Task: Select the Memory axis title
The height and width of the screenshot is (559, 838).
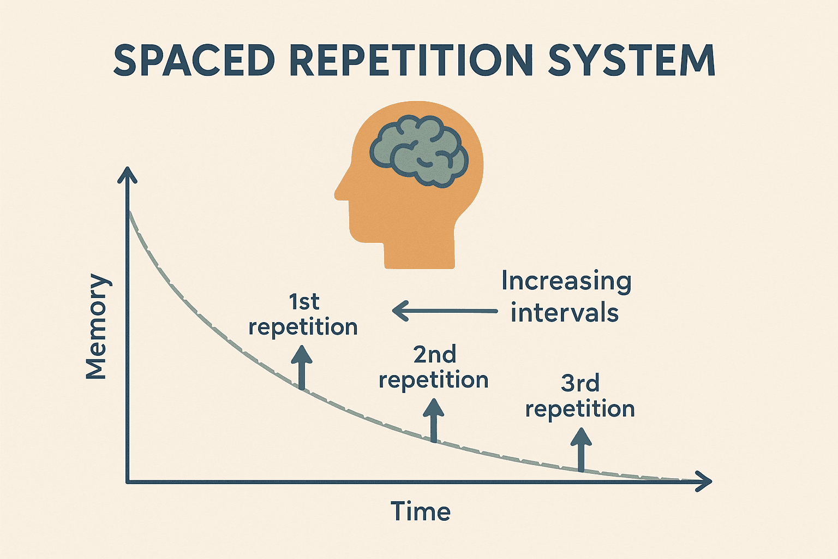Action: point(97,326)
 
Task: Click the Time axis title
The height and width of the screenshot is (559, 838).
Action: point(421,512)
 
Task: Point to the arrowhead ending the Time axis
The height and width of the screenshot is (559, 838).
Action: point(705,481)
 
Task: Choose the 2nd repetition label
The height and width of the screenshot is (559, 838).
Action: point(434,367)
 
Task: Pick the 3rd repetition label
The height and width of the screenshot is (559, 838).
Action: point(580,396)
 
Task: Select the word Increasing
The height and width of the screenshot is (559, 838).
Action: point(566,281)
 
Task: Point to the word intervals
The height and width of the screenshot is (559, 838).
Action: point(565,313)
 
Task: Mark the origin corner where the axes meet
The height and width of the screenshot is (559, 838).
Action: point(128,481)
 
